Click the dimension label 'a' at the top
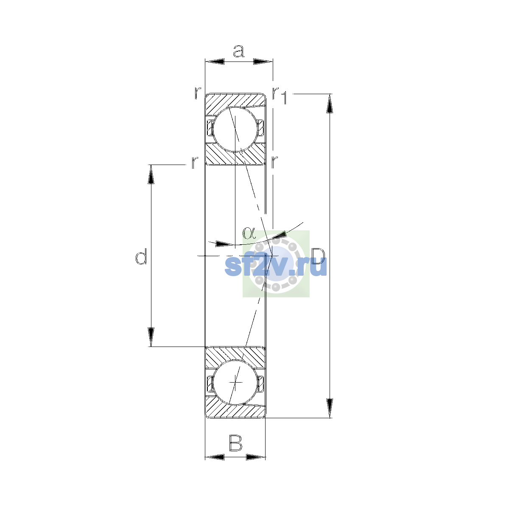(x=238, y=51)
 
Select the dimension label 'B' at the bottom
(x=235, y=443)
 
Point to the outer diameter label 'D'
(x=318, y=256)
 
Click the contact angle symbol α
(x=249, y=233)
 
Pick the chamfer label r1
(x=280, y=95)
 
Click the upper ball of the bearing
(x=235, y=129)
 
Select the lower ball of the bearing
(x=235, y=382)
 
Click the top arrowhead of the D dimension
(x=330, y=103)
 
